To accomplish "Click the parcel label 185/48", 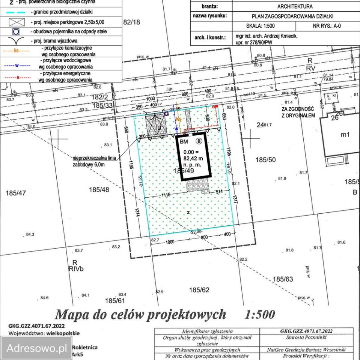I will tap(99, 190).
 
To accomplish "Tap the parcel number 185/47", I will tap(16, 193).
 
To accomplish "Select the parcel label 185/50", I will tap(265, 160).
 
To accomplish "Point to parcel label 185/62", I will tap(199, 290).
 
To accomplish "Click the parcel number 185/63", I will tap(283, 279).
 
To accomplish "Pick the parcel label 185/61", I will tap(115, 301).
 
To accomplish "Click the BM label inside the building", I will tap(184, 141).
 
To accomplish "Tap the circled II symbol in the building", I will tap(199, 141).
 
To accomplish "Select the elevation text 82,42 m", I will tap(193, 158).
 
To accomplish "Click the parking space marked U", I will tap(159, 128).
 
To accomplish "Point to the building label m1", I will tap(345, 135).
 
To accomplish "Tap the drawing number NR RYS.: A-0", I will tap(327, 26).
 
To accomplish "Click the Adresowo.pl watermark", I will tap(36, 348).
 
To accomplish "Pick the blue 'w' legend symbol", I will tap(17, 65).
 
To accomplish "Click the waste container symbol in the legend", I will tap(16, 32).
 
